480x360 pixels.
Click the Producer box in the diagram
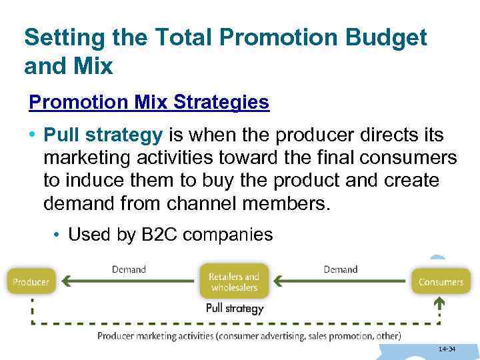tap(31, 281)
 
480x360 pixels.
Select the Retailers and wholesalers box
tap(234, 281)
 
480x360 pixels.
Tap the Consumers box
tap(441, 281)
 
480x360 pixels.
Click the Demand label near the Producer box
tap(129, 269)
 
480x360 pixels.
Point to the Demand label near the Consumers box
tap(340, 269)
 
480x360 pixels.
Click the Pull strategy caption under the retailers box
tap(235, 308)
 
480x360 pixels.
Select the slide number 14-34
tap(447, 349)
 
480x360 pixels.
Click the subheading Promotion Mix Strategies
tap(149, 102)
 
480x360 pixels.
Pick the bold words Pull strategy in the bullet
tap(103, 135)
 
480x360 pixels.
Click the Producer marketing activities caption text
tap(249, 336)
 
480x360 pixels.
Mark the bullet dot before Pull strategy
tap(33, 136)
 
